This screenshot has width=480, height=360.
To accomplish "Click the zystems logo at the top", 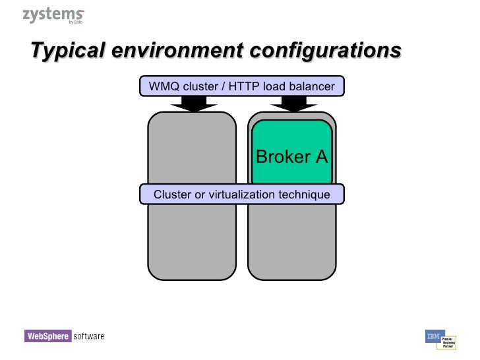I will click(x=53, y=15).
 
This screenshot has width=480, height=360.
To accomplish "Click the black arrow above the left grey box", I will click(x=192, y=103).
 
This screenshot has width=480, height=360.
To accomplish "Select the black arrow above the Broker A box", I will click(x=292, y=103).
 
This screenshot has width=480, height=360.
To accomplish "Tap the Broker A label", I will click(x=291, y=157).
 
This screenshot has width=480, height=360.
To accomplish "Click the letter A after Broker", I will click(x=321, y=157).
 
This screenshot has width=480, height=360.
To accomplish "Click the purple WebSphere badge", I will click(x=47, y=336).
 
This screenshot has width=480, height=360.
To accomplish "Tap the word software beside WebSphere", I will click(x=88, y=336).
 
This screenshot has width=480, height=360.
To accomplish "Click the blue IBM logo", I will click(x=433, y=336).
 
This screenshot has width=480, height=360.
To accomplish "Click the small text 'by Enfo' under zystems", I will click(x=75, y=22).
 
